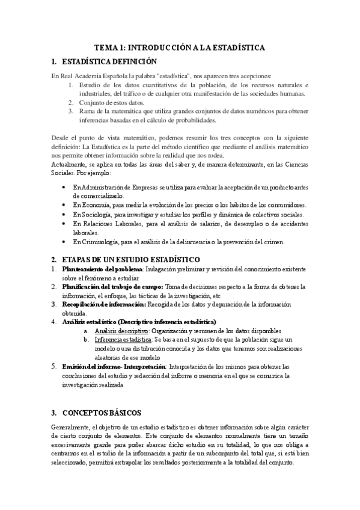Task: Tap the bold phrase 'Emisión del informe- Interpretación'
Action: point(114,366)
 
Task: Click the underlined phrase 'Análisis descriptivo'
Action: point(121,331)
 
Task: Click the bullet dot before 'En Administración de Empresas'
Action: point(64,188)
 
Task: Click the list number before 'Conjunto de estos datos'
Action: point(70,102)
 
